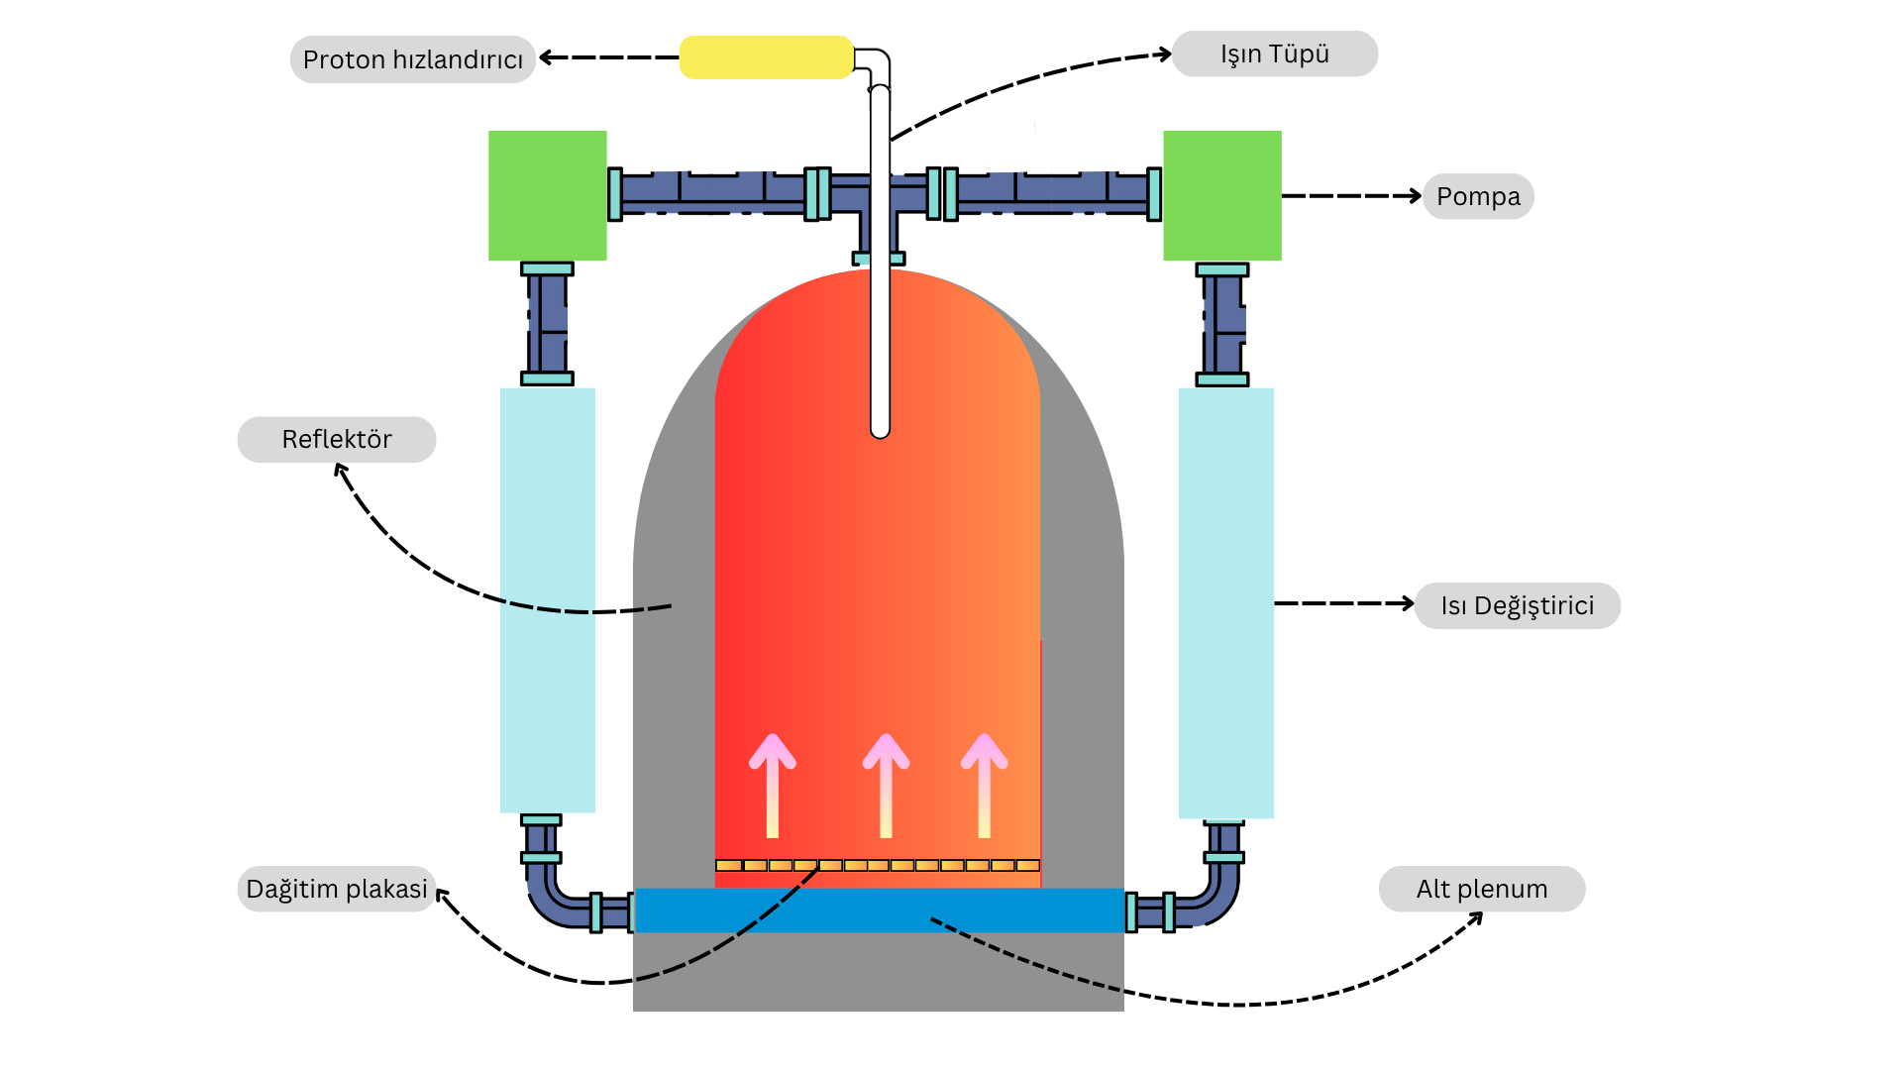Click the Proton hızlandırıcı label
(x=412, y=59)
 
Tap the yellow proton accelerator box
(x=766, y=57)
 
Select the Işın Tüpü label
(x=1274, y=53)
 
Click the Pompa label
(x=1478, y=196)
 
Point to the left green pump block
(x=547, y=195)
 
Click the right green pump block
(x=1221, y=195)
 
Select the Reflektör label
(x=337, y=439)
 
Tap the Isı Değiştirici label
(x=1517, y=605)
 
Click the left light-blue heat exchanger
(x=547, y=599)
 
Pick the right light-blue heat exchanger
(x=1225, y=602)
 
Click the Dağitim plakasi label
(x=337, y=889)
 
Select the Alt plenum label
(x=1481, y=889)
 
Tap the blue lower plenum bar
(x=879, y=909)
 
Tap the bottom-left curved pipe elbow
(x=551, y=900)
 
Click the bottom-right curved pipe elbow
(x=1216, y=900)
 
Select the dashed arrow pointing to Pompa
(x=1351, y=196)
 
